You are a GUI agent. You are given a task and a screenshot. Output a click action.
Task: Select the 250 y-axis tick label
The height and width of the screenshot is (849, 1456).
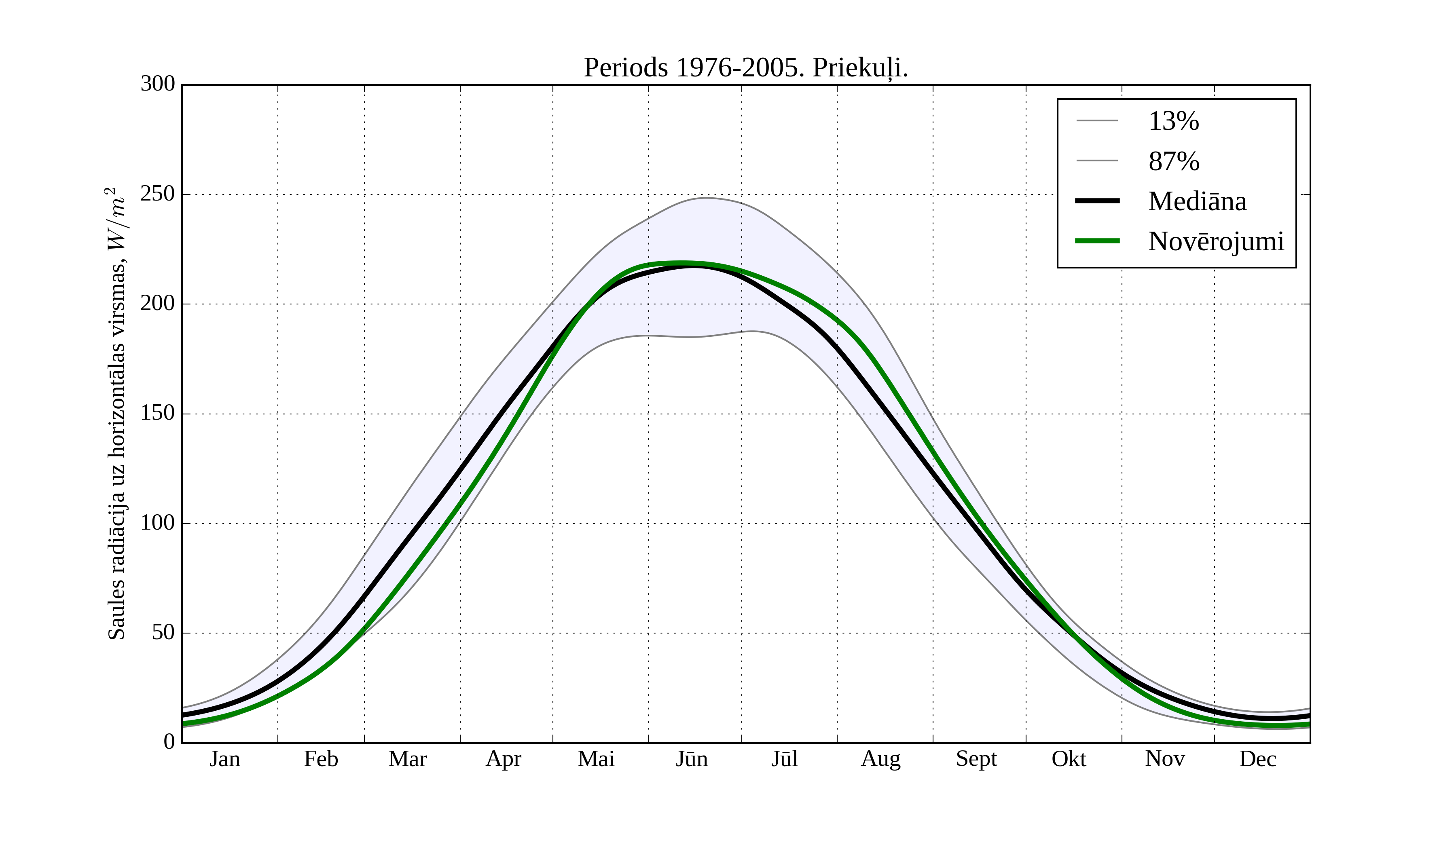pyautogui.click(x=158, y=194)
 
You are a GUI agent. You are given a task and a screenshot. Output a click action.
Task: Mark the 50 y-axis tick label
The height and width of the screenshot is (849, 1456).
pyautogui.click(x=163, y=632)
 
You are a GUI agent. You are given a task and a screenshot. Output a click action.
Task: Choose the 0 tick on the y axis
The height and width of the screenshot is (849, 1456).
pyautogui.click(x=169, y=741)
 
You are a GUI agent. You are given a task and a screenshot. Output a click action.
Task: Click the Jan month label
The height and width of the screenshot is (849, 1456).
pyautogui.click(x=225, y=759)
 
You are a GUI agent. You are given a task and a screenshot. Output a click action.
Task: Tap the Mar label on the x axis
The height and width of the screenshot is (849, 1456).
pyautogui.click(x=407, y=759)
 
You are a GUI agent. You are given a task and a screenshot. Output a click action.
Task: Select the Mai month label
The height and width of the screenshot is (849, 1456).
pyautogui.click(x=596, y=759)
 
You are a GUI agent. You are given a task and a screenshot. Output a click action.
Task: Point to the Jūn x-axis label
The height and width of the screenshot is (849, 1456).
pyautogui.click(x=692, y=759)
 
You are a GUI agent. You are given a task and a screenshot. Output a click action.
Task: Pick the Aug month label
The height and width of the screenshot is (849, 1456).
pyautogui.click(x=880, y=759)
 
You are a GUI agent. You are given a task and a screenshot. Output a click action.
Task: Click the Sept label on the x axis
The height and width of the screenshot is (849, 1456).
pyautogui.click(x=976, y=759)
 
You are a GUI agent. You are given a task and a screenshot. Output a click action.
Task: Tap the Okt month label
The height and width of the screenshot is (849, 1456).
pyautogui.click(x=1068, y=759)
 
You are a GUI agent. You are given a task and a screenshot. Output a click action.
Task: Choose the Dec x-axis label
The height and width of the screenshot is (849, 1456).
pyautogui.click(x=1258, y=759)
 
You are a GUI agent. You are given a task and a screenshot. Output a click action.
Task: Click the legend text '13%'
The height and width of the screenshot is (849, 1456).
pyautogui.click(x=1173, y=121)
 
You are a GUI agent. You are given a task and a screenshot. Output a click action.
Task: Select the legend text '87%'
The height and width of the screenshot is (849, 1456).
pyautogui.click(x=1173, y=161)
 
